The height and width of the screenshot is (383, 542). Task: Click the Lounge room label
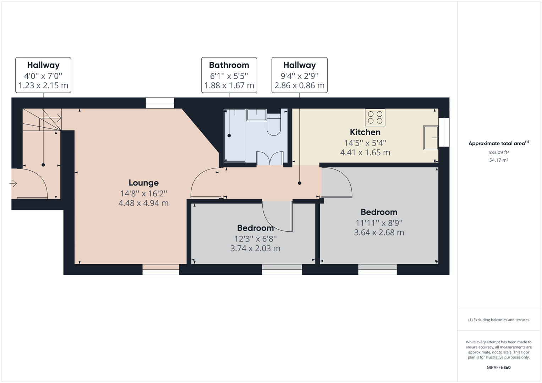[x=143, y=183]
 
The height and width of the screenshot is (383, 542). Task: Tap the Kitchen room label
[x=365, y=132]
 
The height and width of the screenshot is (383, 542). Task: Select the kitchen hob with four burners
[x=375, y=118]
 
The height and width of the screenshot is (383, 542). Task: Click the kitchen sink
[x=430, y=137]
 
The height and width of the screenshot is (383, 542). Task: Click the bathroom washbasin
[x=257, y=115]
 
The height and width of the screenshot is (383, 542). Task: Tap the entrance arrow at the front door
[x=13, y=184]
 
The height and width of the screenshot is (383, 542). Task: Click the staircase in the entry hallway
[x=42, y=121]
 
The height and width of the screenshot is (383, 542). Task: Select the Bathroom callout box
[x=229, y=75]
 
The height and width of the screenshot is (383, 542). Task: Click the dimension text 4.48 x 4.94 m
[x=143, y=203]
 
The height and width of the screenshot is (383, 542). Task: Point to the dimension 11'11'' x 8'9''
[x=379, y=223]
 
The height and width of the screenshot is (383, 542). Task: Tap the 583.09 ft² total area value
[x=498, y=152]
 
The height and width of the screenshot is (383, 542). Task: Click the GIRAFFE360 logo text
[x=498, y=367]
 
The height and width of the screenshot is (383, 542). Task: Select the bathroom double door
[x=270, y=158]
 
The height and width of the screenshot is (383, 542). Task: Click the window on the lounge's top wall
[x=160, y=103]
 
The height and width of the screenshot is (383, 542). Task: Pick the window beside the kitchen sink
[x=444, y=132]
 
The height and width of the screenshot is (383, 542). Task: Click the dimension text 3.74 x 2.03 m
[x=255, y=249]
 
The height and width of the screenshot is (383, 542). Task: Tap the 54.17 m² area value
[x=498, y=160]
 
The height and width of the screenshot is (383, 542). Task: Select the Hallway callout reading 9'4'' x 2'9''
[x=299, y=75]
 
